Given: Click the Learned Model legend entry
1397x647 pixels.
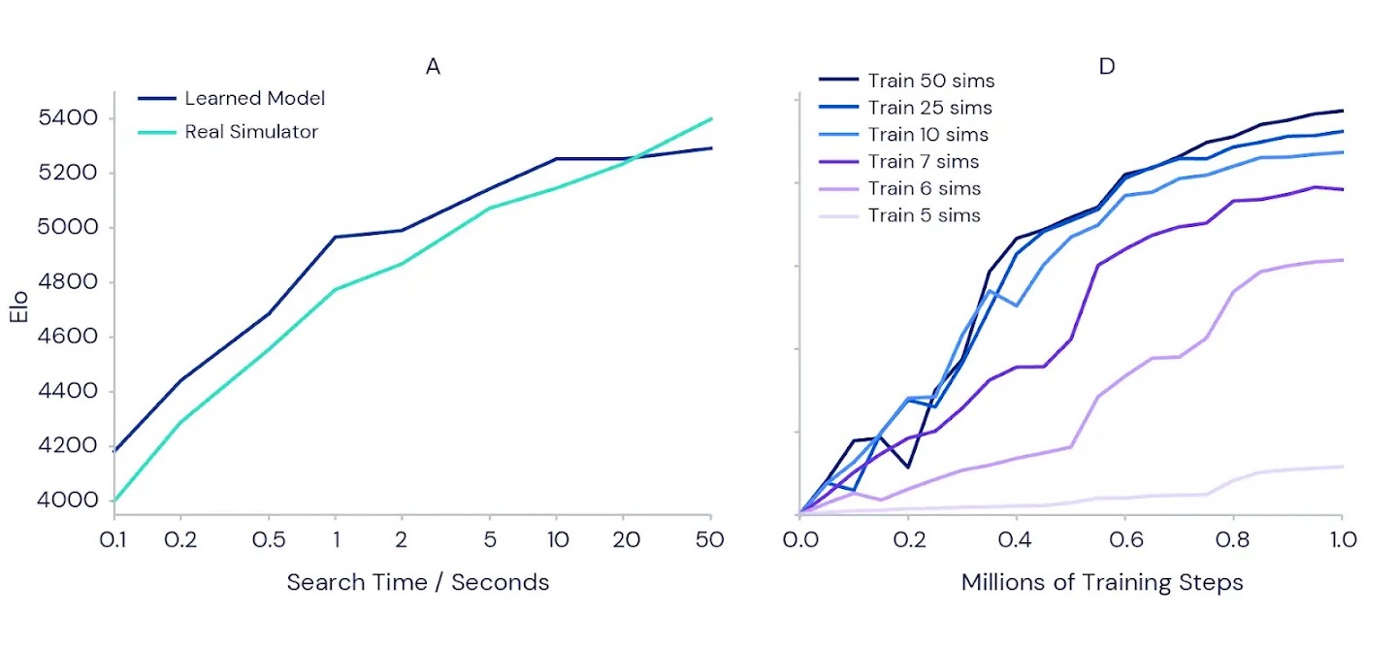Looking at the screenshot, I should click(x=254, y=98).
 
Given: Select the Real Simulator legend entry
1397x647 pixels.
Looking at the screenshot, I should click(x=251, y=131).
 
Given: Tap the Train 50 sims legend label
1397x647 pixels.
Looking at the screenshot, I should click(x=930, y=81).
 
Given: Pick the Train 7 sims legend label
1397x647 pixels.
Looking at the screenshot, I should click(x=923, y=161).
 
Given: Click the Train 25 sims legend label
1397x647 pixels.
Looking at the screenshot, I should click(x=929, y=108).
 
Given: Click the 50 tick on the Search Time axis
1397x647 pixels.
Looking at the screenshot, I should click(x=711, y=540).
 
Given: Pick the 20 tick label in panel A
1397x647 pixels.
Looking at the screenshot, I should click(x=626, y=540).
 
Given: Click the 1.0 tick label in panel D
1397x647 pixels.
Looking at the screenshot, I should click(x=1342, y=539).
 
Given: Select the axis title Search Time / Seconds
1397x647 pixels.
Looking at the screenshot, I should click(x=417, y=582).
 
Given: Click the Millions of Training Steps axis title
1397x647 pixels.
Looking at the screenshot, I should click(x=1102, y=582).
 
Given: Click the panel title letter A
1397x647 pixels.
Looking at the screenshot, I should click(x=433, y=66).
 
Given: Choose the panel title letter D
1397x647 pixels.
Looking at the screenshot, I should click(x=1107, y=66).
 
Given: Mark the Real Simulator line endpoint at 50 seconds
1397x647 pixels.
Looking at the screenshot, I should click(x=711, y=119).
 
